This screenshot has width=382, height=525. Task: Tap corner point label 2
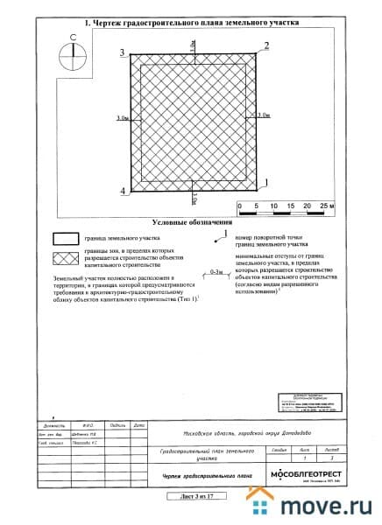[266, 44]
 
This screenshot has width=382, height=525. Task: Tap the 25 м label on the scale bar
[324, 206]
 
